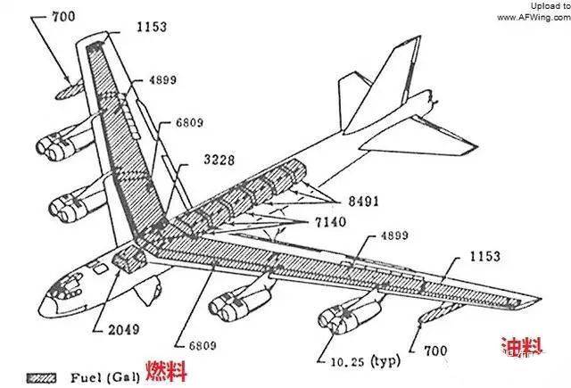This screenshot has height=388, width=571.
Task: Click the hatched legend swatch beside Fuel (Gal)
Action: (x=43, y=376)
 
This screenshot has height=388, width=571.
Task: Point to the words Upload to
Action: (x=547, y=5)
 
